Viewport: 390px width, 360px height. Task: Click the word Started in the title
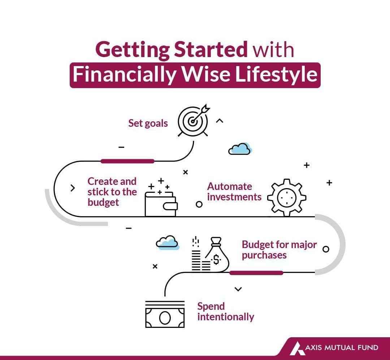click(211, 49)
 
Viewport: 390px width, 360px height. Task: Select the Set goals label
click(148, 123)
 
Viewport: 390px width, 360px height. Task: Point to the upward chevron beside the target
click(220, 121)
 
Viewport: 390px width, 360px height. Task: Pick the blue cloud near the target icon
click(240, 149)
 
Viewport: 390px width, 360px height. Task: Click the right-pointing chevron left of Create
click(73, 188)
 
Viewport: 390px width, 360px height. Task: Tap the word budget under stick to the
click(103, 203)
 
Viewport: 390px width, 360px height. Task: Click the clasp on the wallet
click(170, 206)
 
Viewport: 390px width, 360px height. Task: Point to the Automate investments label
click(234, 192)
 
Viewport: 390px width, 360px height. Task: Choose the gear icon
click(287, 198)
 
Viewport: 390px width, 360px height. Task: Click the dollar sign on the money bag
click(216, 260)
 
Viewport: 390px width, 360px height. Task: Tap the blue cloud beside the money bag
click(168, 243)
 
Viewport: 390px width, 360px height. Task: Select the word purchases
click(264, 256)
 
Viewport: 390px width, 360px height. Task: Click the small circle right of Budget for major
click(326, 249)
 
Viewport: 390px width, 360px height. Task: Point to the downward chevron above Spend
click(238, 289)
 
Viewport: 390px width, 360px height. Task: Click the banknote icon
click(165, 315)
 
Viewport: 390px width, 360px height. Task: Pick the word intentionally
click(226, 317)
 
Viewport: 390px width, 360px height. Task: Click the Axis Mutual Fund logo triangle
click(297, 348)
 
